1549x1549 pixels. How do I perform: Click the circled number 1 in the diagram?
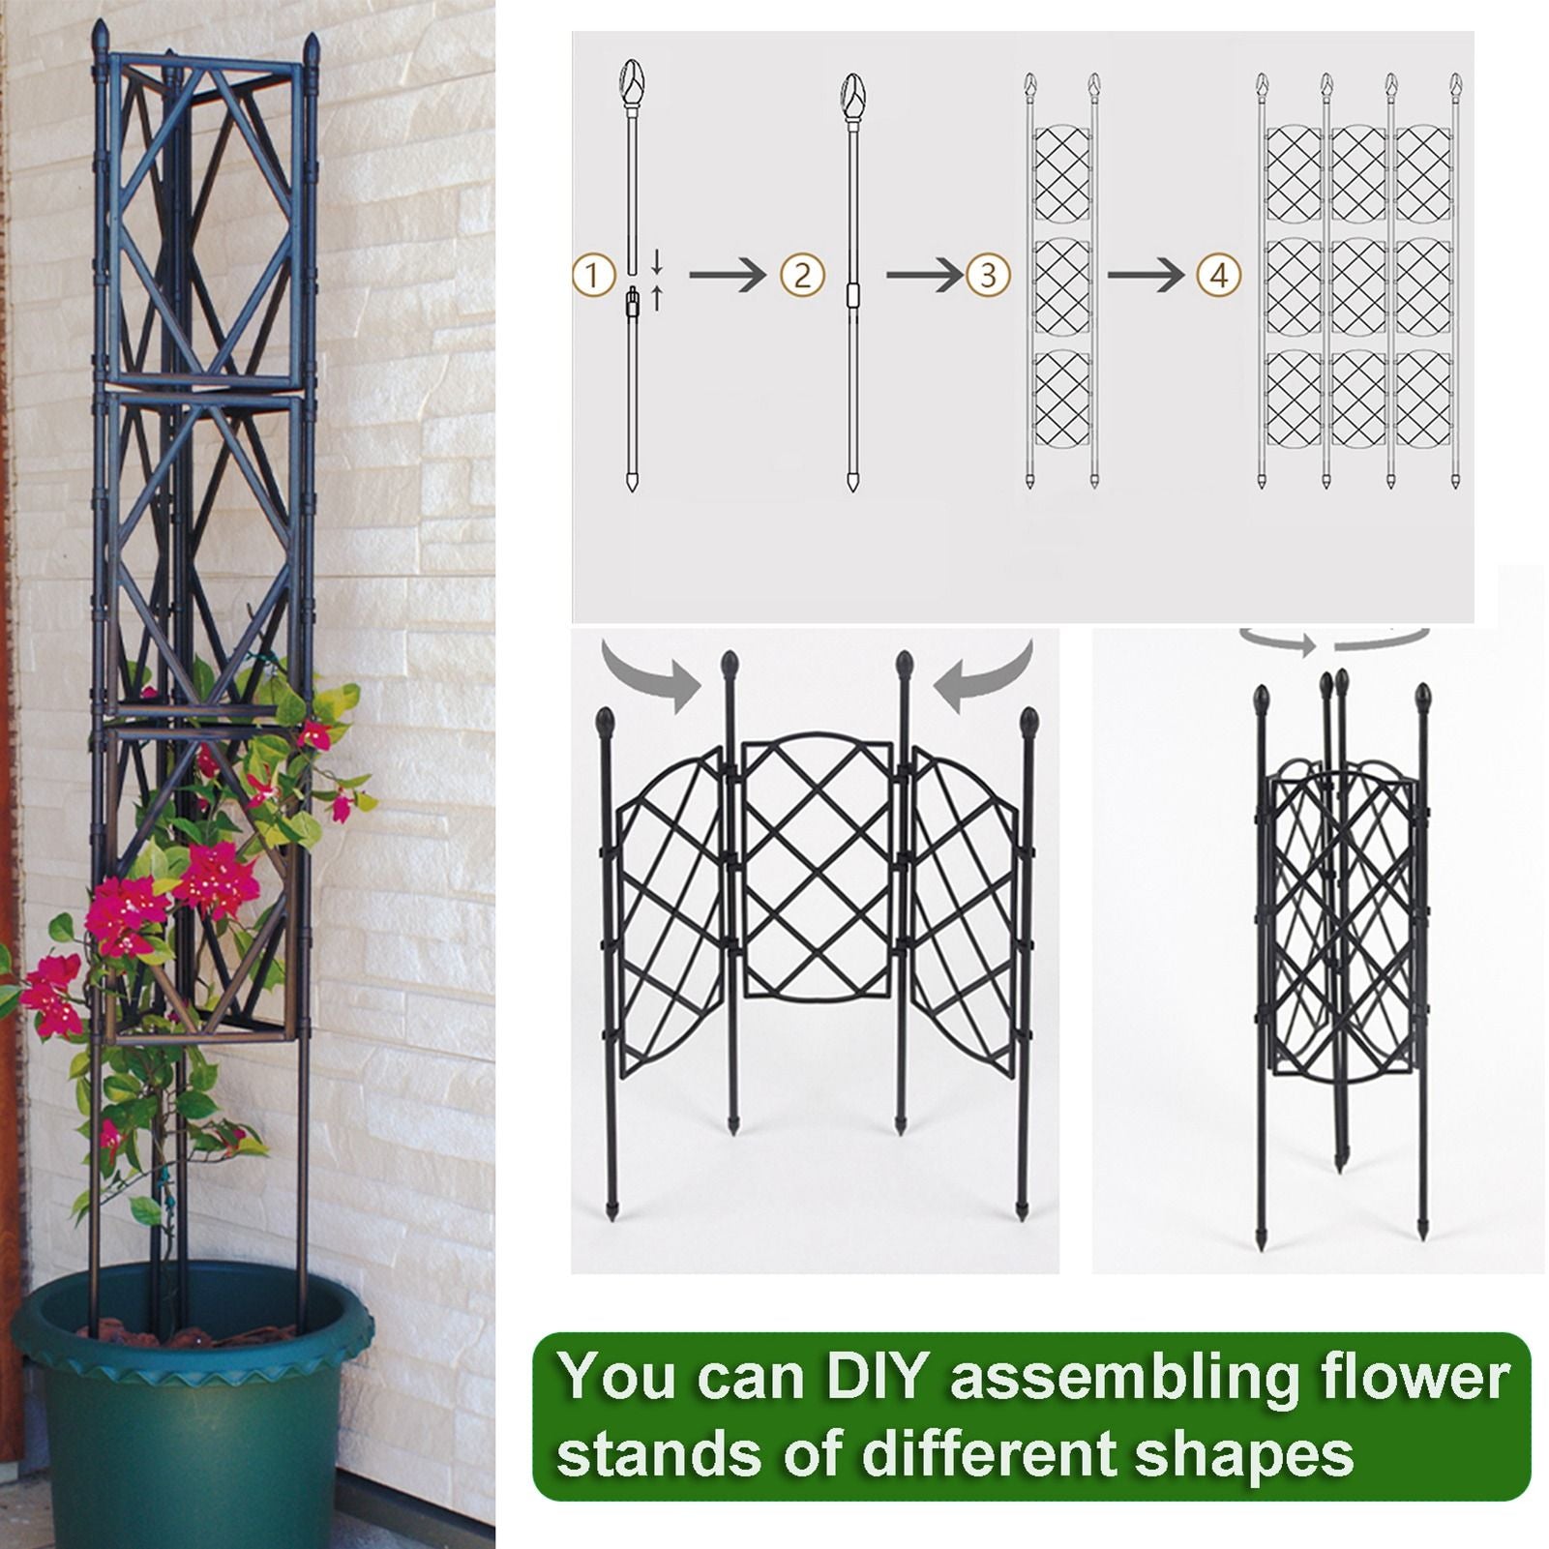(594, 276)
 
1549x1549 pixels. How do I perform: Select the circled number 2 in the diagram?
(802, 276)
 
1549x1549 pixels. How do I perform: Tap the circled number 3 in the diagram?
(988, 276)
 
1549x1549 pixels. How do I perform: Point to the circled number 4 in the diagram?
(1219, 276)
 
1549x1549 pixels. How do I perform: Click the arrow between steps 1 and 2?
(728, 276)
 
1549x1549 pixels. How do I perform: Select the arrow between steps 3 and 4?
(1146, 276)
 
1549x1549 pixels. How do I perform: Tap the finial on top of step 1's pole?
(630, 77)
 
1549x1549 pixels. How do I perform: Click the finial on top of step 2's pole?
(852, 93)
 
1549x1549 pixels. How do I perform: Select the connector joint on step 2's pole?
(852, 295)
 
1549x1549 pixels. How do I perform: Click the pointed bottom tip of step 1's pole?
(632, 483)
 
